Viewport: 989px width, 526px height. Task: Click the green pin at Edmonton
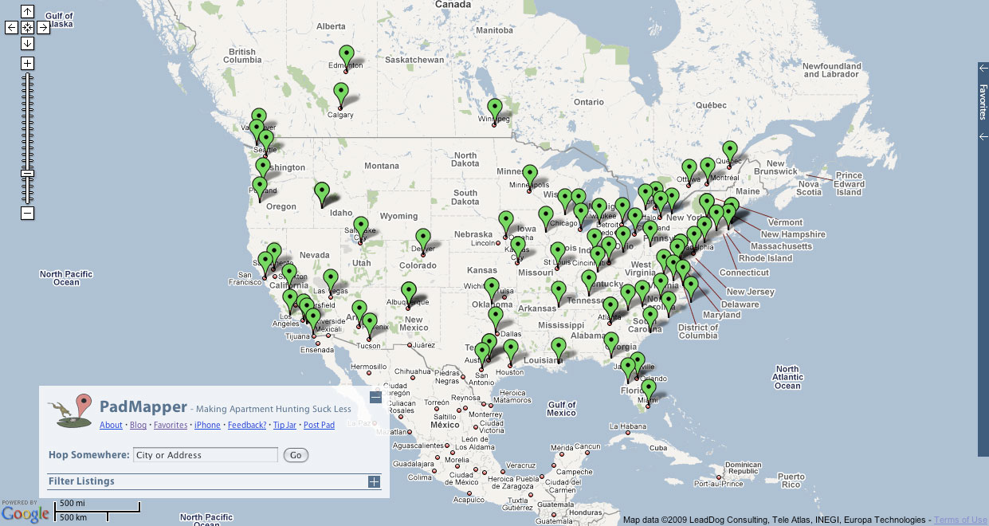(346, 53)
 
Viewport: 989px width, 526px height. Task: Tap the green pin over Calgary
(341, 92)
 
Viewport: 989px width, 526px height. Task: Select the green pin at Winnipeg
(495, 108)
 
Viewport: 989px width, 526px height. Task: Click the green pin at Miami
(649, 389)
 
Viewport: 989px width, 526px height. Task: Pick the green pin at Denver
(423, 237)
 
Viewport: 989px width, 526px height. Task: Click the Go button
(296, 455)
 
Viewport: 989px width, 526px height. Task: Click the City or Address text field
(205, 455)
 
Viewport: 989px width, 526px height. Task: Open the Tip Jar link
(285, 425)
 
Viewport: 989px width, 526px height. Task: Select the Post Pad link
(319, 425)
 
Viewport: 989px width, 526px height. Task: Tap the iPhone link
(207, 425)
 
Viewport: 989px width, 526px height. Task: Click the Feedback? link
(247, 425)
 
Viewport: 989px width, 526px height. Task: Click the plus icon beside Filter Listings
(374, 481)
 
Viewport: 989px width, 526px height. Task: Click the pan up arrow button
(27, 11)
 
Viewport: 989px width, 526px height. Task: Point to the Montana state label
(381, 166)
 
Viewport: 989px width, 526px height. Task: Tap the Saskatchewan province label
(414, 60)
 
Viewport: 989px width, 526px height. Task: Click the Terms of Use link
(960, 520)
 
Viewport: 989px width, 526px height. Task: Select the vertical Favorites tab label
(983, 101)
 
